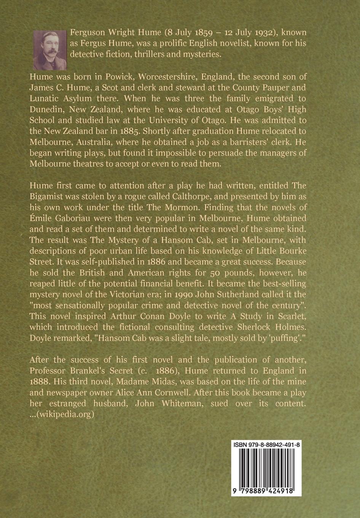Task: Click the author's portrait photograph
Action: click(50, 50)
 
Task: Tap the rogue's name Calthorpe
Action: click(163, 197)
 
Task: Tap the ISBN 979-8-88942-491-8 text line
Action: click(266, 444)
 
